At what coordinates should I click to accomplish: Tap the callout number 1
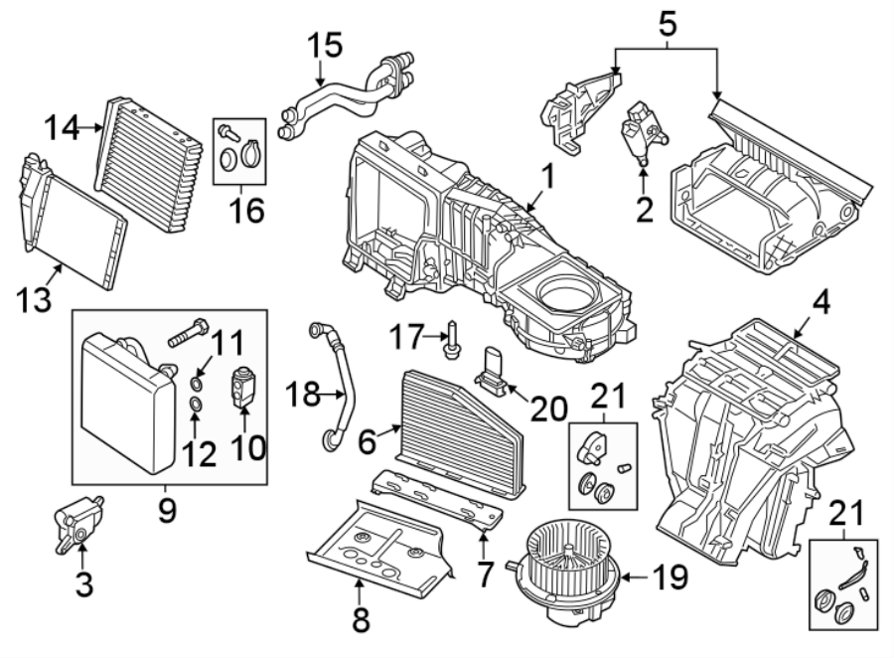coord(544,181)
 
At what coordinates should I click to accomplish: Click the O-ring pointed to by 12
coord(198,405)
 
